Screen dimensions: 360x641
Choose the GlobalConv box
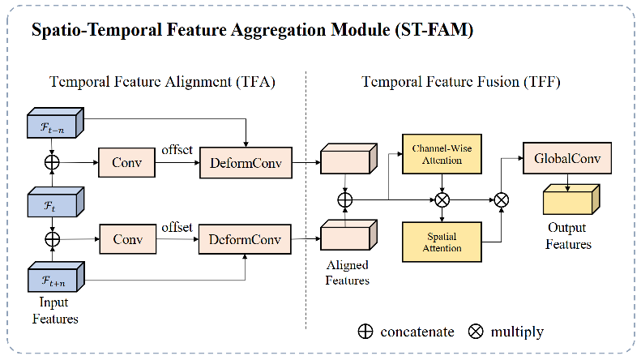tap(567, 158)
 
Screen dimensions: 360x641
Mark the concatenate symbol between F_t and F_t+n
tap(53, 240)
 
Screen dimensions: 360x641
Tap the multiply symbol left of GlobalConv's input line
tap(502, 199)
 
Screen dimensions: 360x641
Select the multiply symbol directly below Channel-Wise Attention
tap(442, 199)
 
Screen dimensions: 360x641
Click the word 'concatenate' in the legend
tap(417, 332)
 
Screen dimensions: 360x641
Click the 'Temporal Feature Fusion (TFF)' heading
tap(460, 82)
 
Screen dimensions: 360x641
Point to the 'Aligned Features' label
tap(347, 273)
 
